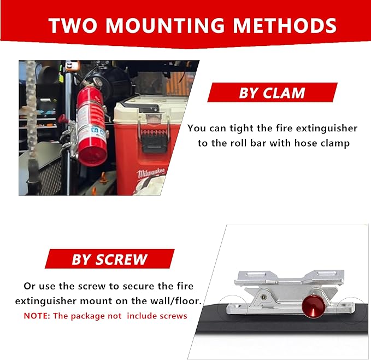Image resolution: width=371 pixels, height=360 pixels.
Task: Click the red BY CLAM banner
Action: (x=272, y=92)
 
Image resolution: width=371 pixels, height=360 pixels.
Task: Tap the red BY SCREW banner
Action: (x=109, y=259)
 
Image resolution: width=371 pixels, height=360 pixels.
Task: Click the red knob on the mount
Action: (x=311, y=305)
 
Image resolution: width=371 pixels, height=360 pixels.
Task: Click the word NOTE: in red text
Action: (x=38, y=316)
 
